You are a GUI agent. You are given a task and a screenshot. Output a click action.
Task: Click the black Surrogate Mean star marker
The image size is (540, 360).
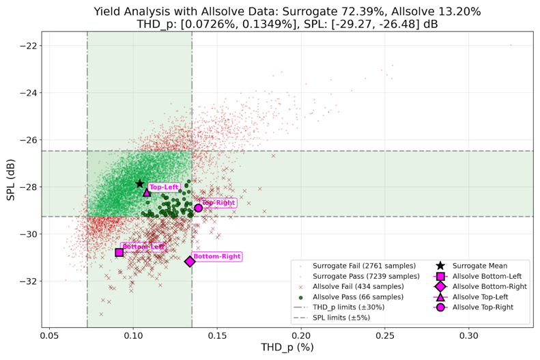tap(140, 184)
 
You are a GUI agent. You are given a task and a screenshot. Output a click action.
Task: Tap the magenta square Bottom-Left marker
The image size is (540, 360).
tap(119, 252)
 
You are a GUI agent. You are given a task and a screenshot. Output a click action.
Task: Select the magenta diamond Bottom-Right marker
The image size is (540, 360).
tap(190, 261)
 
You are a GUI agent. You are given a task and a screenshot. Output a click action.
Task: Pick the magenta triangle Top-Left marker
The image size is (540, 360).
tap(147, 193)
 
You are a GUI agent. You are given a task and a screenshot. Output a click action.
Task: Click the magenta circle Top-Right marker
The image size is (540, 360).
tap(199, 208)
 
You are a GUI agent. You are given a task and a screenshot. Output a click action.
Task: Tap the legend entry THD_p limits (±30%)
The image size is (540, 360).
tap(348, 307)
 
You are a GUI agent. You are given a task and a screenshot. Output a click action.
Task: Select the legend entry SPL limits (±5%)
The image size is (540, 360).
tap(344, 318)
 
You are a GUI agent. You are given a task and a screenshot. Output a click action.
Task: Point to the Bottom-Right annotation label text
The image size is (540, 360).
tap(216, 257)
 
